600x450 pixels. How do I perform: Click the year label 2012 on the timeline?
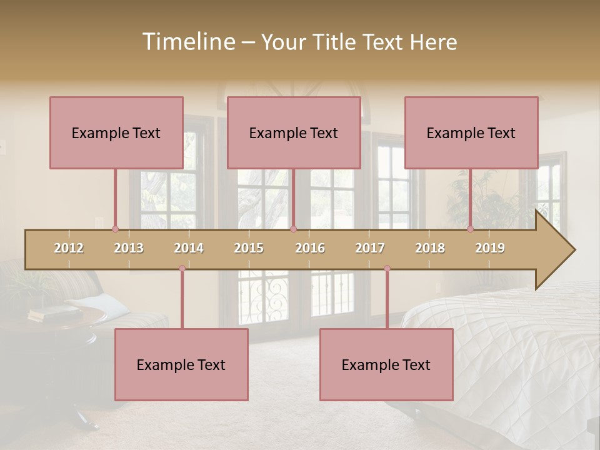coord(69,248)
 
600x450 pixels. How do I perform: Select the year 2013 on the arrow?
coord(129,248)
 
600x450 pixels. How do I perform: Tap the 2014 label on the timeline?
coord(189,248)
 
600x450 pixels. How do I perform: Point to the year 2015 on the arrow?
coord(249,248)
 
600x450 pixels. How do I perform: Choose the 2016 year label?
coord(310,248)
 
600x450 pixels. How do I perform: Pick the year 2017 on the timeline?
coord(370,248)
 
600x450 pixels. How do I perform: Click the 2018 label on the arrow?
coord(430,248)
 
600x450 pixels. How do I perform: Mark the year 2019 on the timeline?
coord(490,248)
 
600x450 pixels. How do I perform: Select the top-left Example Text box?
coord(116,132)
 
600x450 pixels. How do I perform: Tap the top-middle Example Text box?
coord(294,132)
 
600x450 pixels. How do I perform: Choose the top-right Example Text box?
coord(471,132)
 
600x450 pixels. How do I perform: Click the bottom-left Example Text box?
coord(181,364)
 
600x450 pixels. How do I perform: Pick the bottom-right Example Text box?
coord(386,364)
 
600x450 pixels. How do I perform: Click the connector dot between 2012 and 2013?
coord(115,229)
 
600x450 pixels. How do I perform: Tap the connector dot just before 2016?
coord(294,229)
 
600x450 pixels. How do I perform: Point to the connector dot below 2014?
coord(182,269)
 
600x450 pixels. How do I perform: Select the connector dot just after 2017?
coord(387,269)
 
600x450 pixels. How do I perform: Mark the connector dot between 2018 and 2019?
coord(471,229)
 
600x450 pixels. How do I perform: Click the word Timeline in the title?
coord(187,42)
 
